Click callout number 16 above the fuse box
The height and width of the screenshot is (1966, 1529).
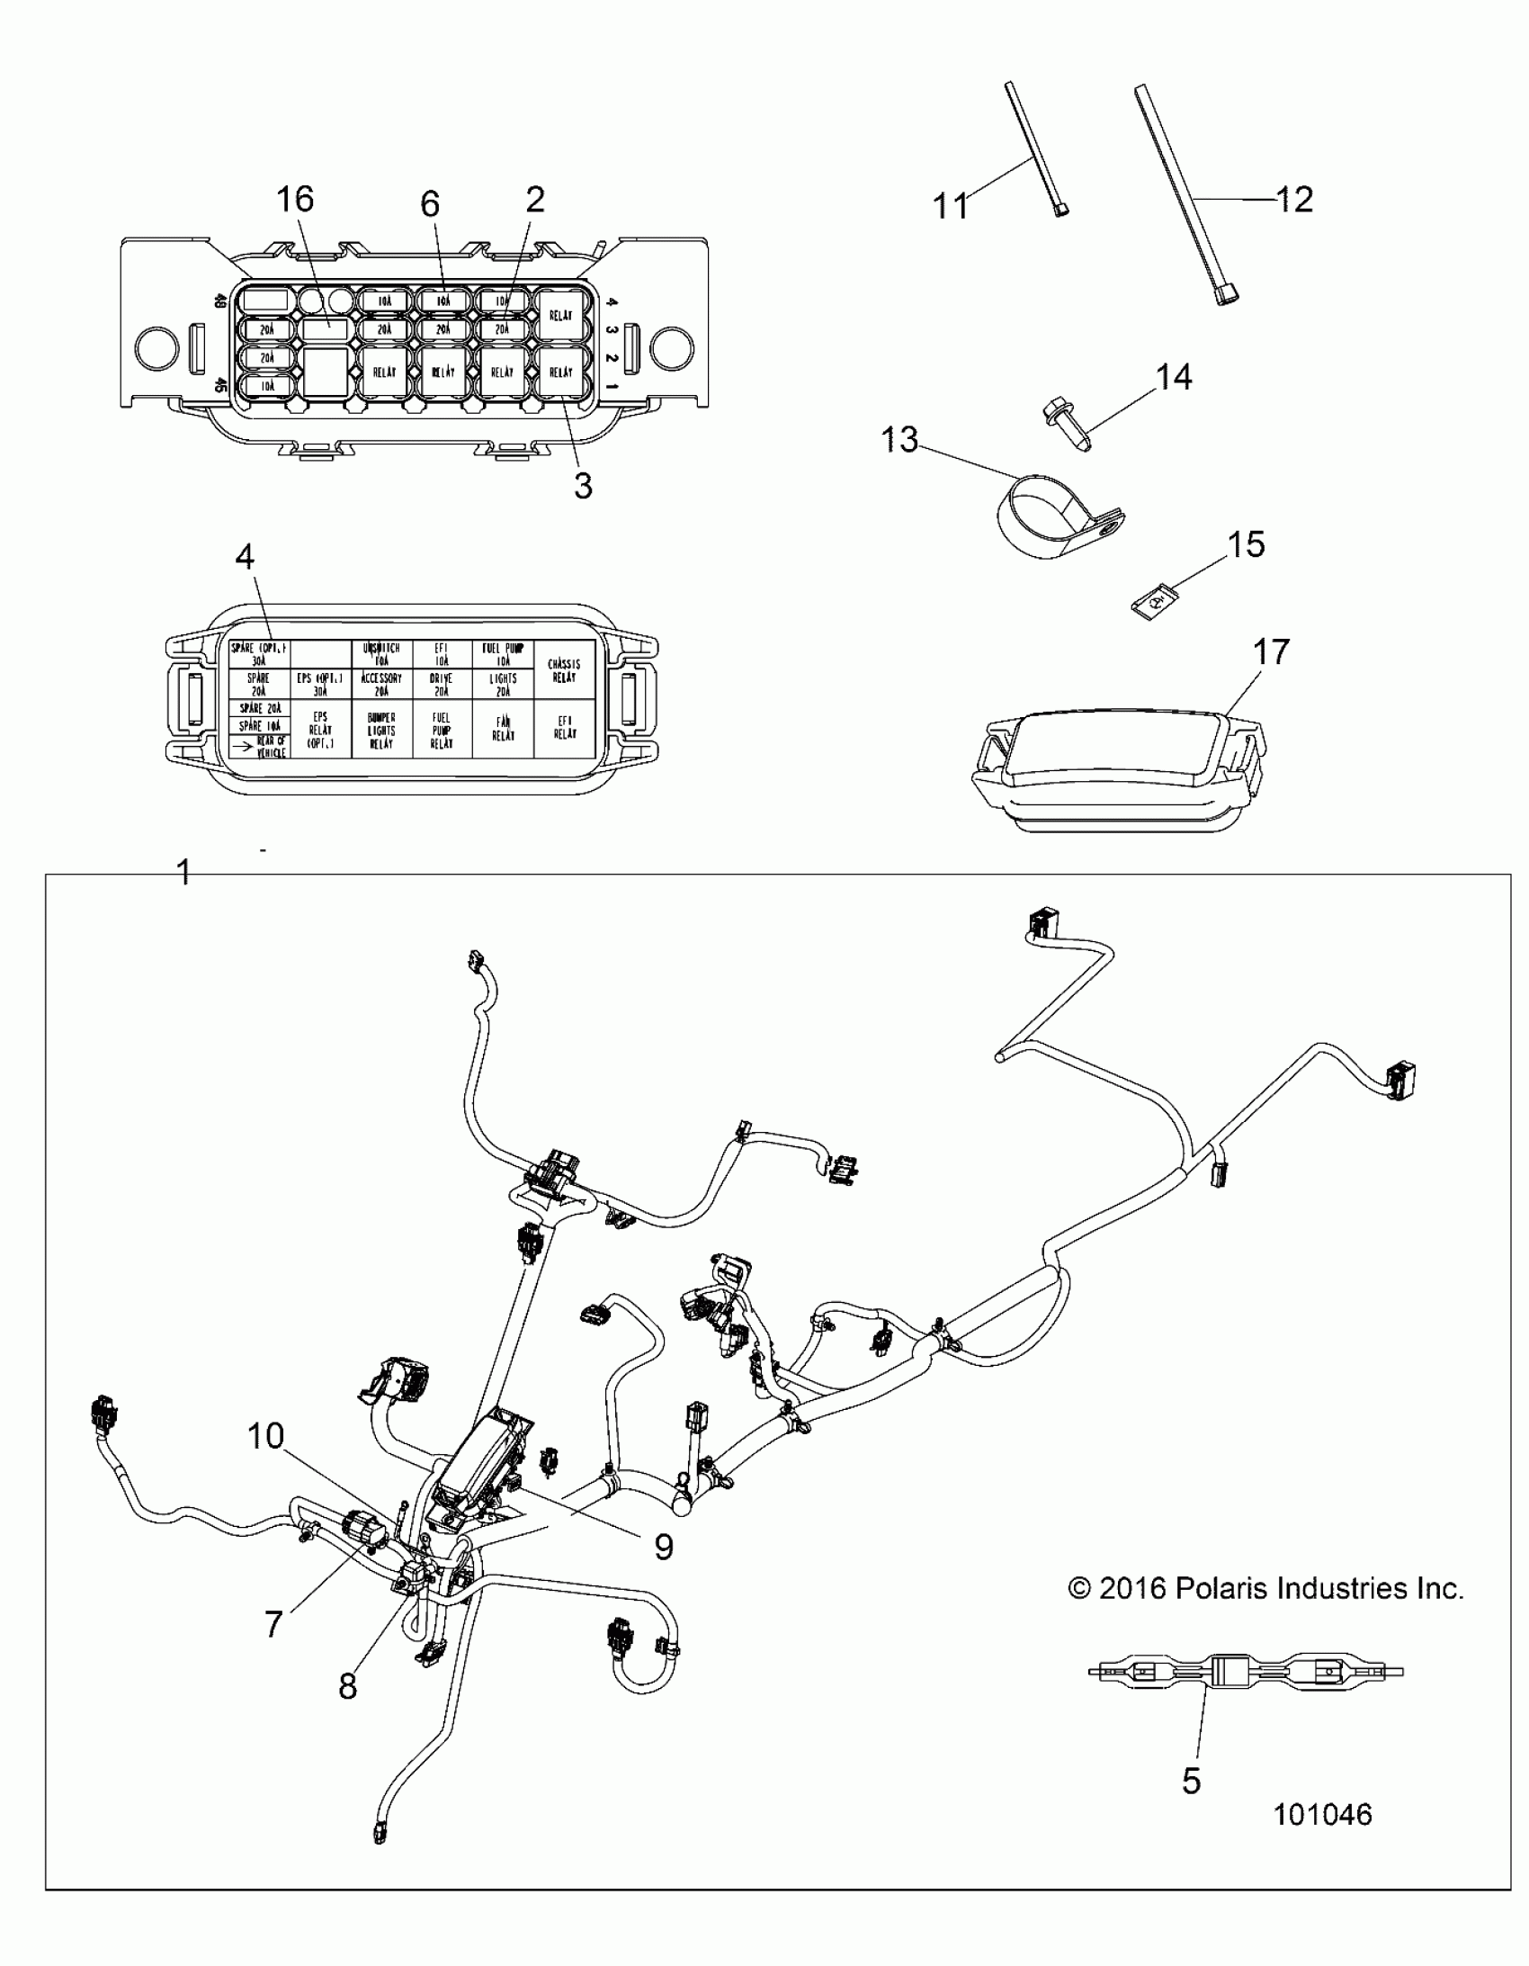click(x=295, y=199)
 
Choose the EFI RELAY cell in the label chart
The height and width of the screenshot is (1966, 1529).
click(x=564, y=727)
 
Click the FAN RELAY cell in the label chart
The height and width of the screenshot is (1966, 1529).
click(x=503, y=727)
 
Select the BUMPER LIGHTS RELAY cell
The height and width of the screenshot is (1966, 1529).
click(x=381, y=729)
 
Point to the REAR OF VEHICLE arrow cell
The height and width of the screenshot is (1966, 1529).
click(x=260, y=745)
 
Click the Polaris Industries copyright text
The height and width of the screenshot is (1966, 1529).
click(x=1265, y=1589)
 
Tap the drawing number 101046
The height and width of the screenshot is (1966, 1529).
click(x=1322, y=1814)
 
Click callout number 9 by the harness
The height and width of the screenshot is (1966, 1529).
click(x=663, y=1547)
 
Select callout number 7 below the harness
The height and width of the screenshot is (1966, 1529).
click(x=273, y=1623)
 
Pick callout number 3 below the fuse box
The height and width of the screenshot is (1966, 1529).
click(x=583, y=486)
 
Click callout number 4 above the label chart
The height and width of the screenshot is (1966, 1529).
click(x=245, y=557)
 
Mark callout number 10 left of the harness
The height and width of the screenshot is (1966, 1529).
click(x=265, y=1436)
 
